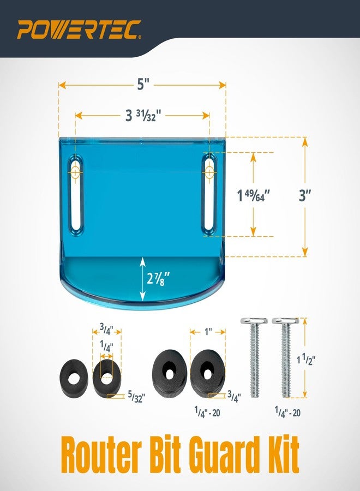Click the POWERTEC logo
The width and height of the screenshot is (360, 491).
pyautogui.click(x=79, y=29)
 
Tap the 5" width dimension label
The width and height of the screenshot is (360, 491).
pyautogui.click(x=143, y=84)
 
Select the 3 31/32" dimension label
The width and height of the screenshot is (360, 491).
pyautogui.click(x=143, y=116)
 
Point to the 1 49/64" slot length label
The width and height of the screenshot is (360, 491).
pyautogui.click(x=253, y=196)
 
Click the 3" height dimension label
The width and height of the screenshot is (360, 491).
pyautogui.click(x=304, y=196)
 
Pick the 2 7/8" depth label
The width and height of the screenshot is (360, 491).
pyautogui.click(x=159, y=278)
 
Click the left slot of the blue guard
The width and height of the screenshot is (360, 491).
pyautogui.click(x=75, y=194)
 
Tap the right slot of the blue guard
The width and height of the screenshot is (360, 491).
pyautogui.click(x=209, y=194)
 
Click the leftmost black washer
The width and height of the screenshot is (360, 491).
pyautogui.click(x=74, y=378)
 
